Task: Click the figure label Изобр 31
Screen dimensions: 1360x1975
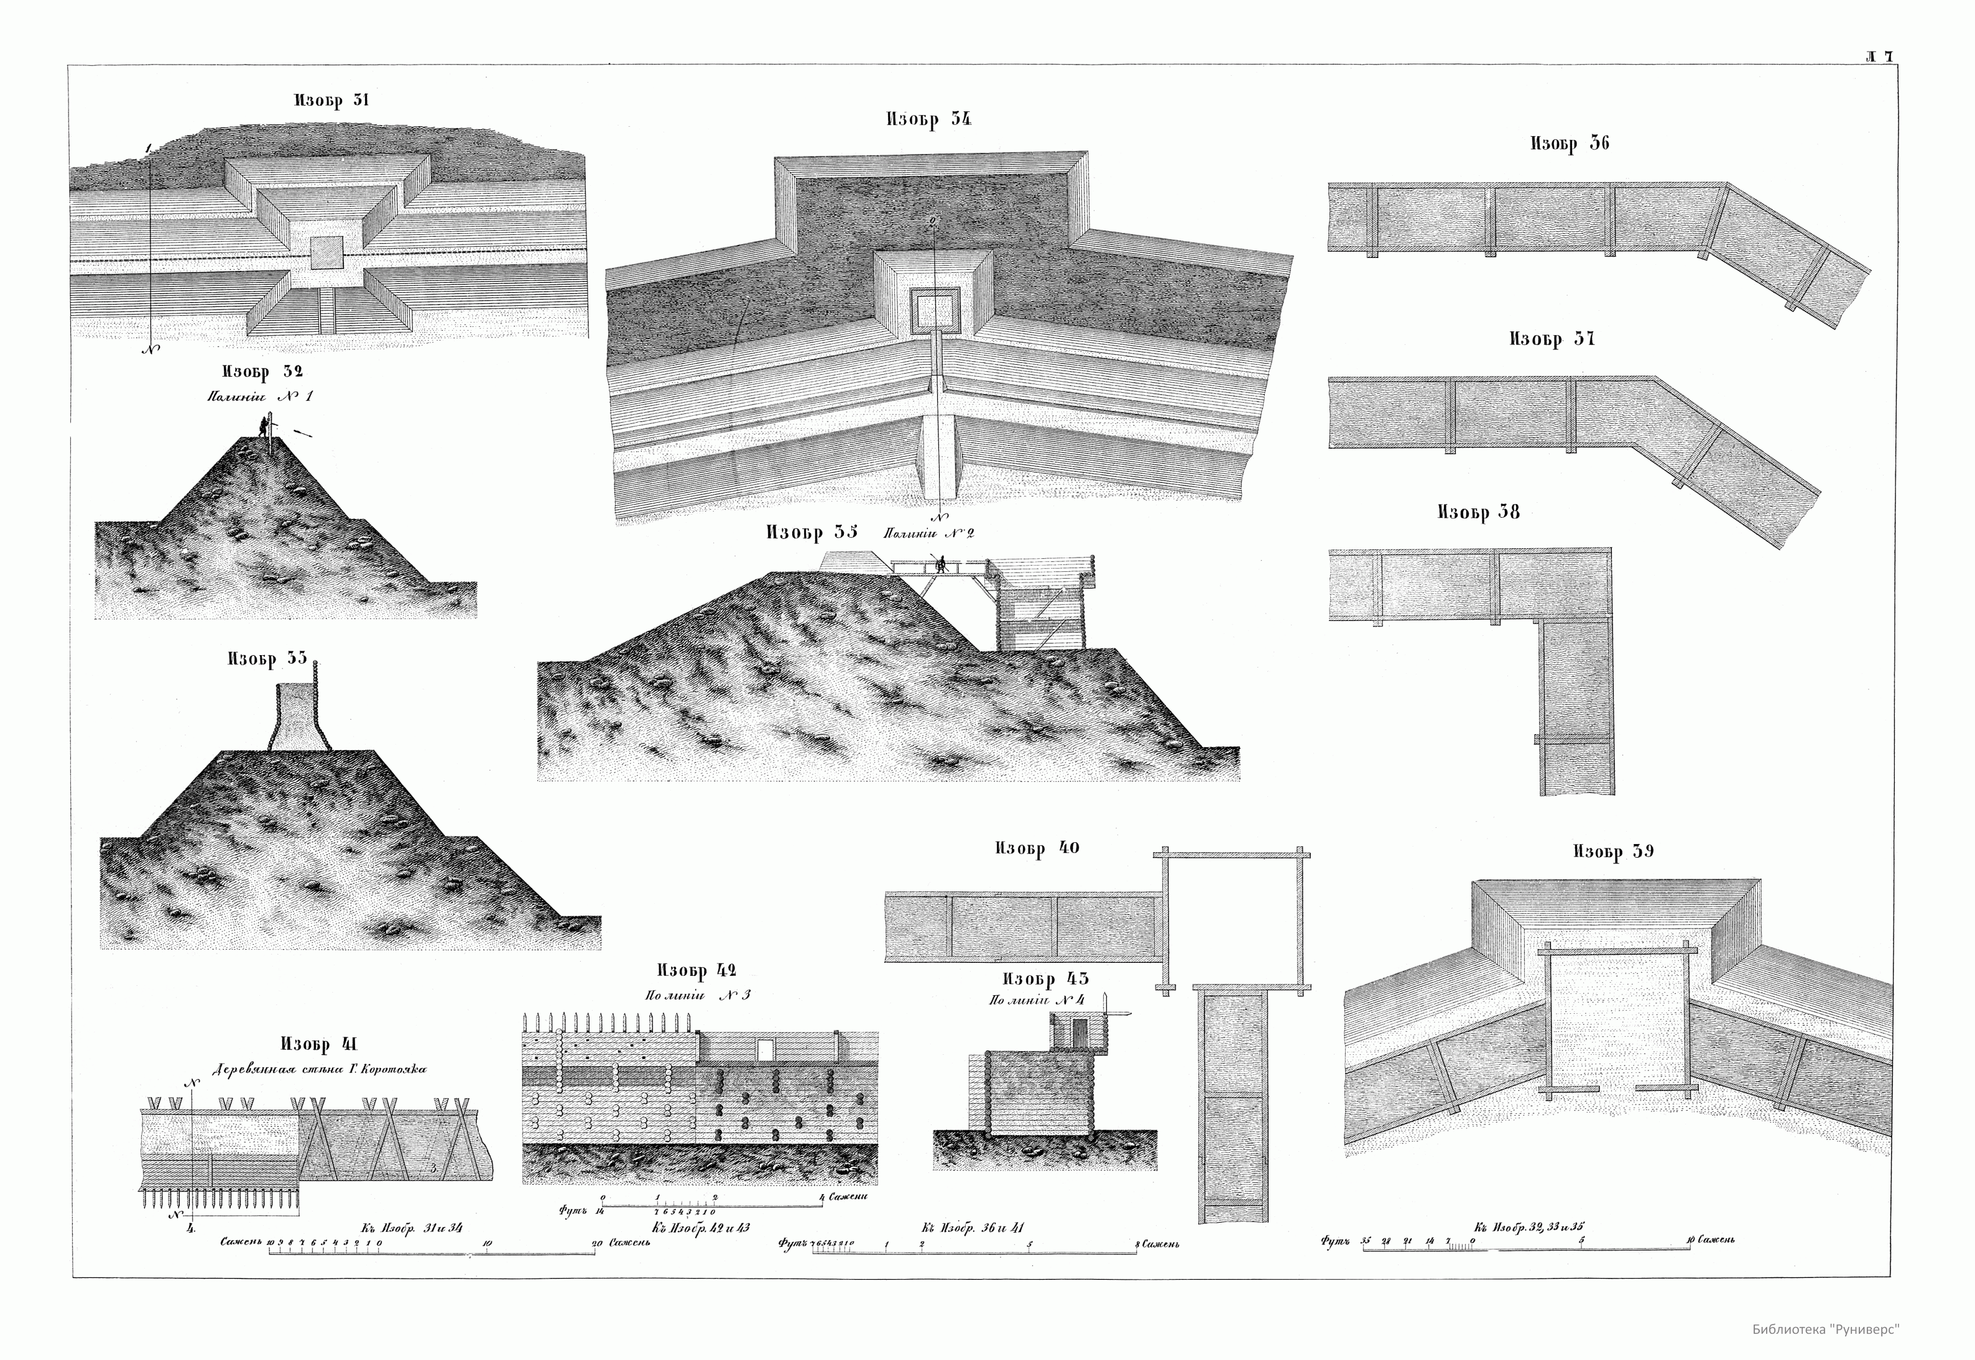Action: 331,101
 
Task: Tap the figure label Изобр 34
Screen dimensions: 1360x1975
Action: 928,120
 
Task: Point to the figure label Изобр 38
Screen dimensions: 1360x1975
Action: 1478,512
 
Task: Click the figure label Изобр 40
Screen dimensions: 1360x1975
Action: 1037,848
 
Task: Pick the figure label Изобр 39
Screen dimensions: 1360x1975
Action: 1612,852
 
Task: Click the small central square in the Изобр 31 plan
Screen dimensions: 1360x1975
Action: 326,253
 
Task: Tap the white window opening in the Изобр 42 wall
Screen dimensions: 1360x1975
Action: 765,1049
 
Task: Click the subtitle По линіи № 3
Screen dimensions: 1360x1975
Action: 697,995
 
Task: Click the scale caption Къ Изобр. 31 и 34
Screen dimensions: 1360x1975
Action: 411,1228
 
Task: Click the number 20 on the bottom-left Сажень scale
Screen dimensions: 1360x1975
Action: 597,1243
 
